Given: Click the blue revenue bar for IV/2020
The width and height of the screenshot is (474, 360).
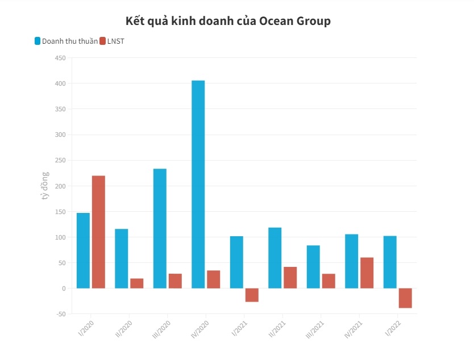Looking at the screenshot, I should [x=198, y=184].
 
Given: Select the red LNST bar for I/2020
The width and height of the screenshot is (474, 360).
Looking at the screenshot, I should [x=98, y=232].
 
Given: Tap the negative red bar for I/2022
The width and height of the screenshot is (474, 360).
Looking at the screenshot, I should [x=405, y=298].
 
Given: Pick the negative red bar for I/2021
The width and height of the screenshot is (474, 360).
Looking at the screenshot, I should [x=252, y=295].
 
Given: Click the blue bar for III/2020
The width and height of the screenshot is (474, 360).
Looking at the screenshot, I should [x=160, y=228].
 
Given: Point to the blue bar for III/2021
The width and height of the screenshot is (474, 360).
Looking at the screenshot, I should [x=313, y=266].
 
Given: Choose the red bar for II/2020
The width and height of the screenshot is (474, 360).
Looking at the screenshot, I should [x=136, y=283].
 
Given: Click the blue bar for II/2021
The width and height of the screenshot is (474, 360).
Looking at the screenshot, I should [x=275, y=257].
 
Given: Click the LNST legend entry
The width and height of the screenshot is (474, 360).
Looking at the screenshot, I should [x=115, y=41].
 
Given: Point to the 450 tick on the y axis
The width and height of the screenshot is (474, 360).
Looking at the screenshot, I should [x=60, y=58].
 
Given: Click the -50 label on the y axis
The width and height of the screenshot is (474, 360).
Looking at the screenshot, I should [x=60, y=314].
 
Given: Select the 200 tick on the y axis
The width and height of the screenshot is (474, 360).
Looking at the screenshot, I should [x=60, y=186].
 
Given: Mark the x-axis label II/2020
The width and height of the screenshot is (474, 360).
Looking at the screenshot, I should [x=124, y=329].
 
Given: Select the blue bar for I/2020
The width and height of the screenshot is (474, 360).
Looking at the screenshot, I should [x=83, y=250].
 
